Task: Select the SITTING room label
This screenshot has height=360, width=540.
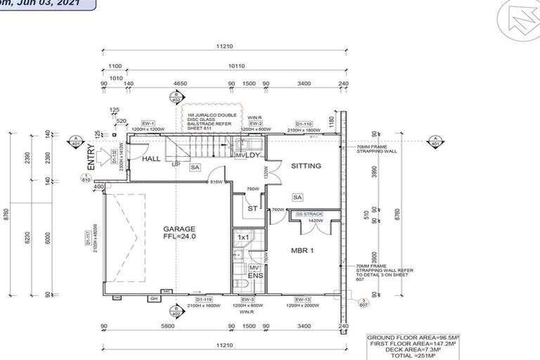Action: coord(307,166)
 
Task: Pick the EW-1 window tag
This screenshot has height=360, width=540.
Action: coord(148,123)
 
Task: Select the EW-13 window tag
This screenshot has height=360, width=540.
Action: coord(303,299)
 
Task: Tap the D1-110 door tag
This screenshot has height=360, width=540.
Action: coord(304,123)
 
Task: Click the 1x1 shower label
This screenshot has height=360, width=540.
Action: coord(243,238)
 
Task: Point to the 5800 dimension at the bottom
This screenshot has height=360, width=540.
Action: coord(167,326)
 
